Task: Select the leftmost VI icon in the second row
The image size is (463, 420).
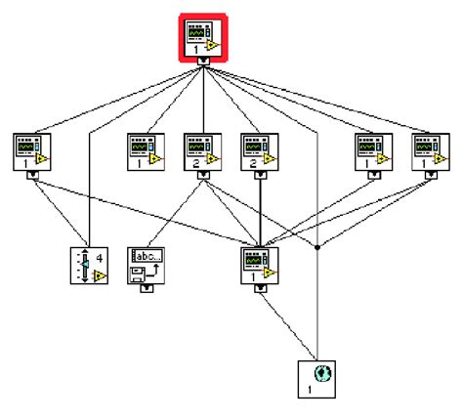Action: coord(32,150)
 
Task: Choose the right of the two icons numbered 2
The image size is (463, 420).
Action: coord(260,150)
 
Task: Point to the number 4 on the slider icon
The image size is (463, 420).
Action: coord(99,258)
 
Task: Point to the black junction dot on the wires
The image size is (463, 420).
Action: coord(318,246)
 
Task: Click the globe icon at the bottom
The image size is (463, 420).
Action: coord(317,378)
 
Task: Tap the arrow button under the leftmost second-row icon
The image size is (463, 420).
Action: coord(32,176)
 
